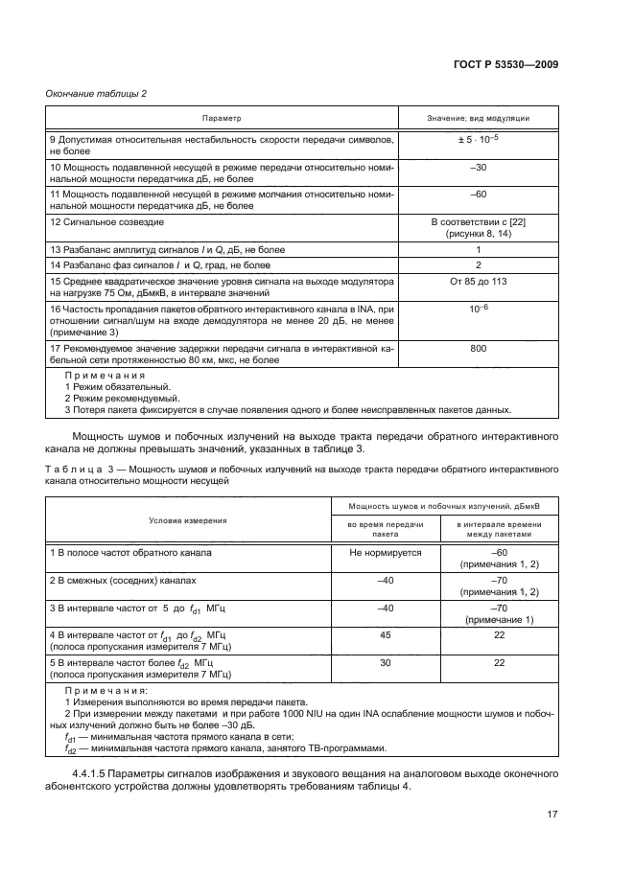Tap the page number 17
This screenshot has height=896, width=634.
pyautogui.click(x=552, y=815)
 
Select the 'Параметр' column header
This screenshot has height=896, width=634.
pyautogui.click(x=222, y=118)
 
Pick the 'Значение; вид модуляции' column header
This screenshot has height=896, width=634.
pyautogui.click(x=479, y=118)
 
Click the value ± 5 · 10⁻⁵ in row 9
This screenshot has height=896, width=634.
pyautogui.click(x=479, y=140)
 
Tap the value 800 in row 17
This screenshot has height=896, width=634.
pyautogui.click(x=479, y=350)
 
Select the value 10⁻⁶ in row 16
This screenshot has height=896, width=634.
pyautogui.click(x=479, y=309)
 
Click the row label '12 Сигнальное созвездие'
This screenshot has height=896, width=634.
pyautogui.click(x=106, y=221)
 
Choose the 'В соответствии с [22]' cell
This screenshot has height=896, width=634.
pyautogui.click(x=479, y=221)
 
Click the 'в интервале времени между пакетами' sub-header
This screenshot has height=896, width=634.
pyautogui.click(x=499, y=530)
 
